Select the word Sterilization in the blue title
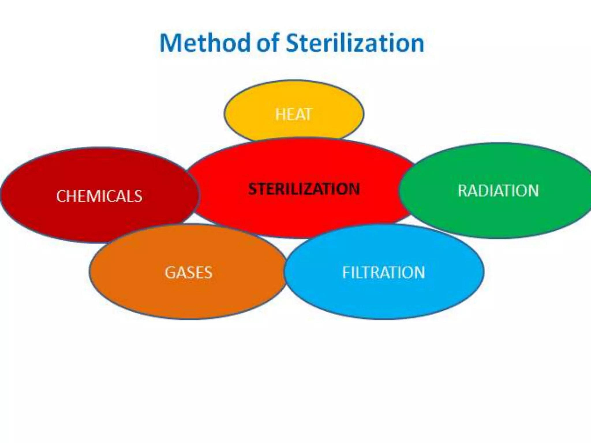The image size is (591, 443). tap(355, 43)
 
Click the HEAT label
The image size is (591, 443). tap(294, 114)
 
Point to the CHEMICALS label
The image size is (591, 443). tap(99, 196)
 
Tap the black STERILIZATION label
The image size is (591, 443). tap(304, 189)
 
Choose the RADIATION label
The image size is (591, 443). tap(498, 191)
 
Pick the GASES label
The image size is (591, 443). tap(188, 273)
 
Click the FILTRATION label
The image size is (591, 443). tap(384, 273)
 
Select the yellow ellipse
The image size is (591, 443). tap(294, 95)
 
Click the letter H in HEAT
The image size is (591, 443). tap(280, 114)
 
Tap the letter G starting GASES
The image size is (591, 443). tap(170, 273)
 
